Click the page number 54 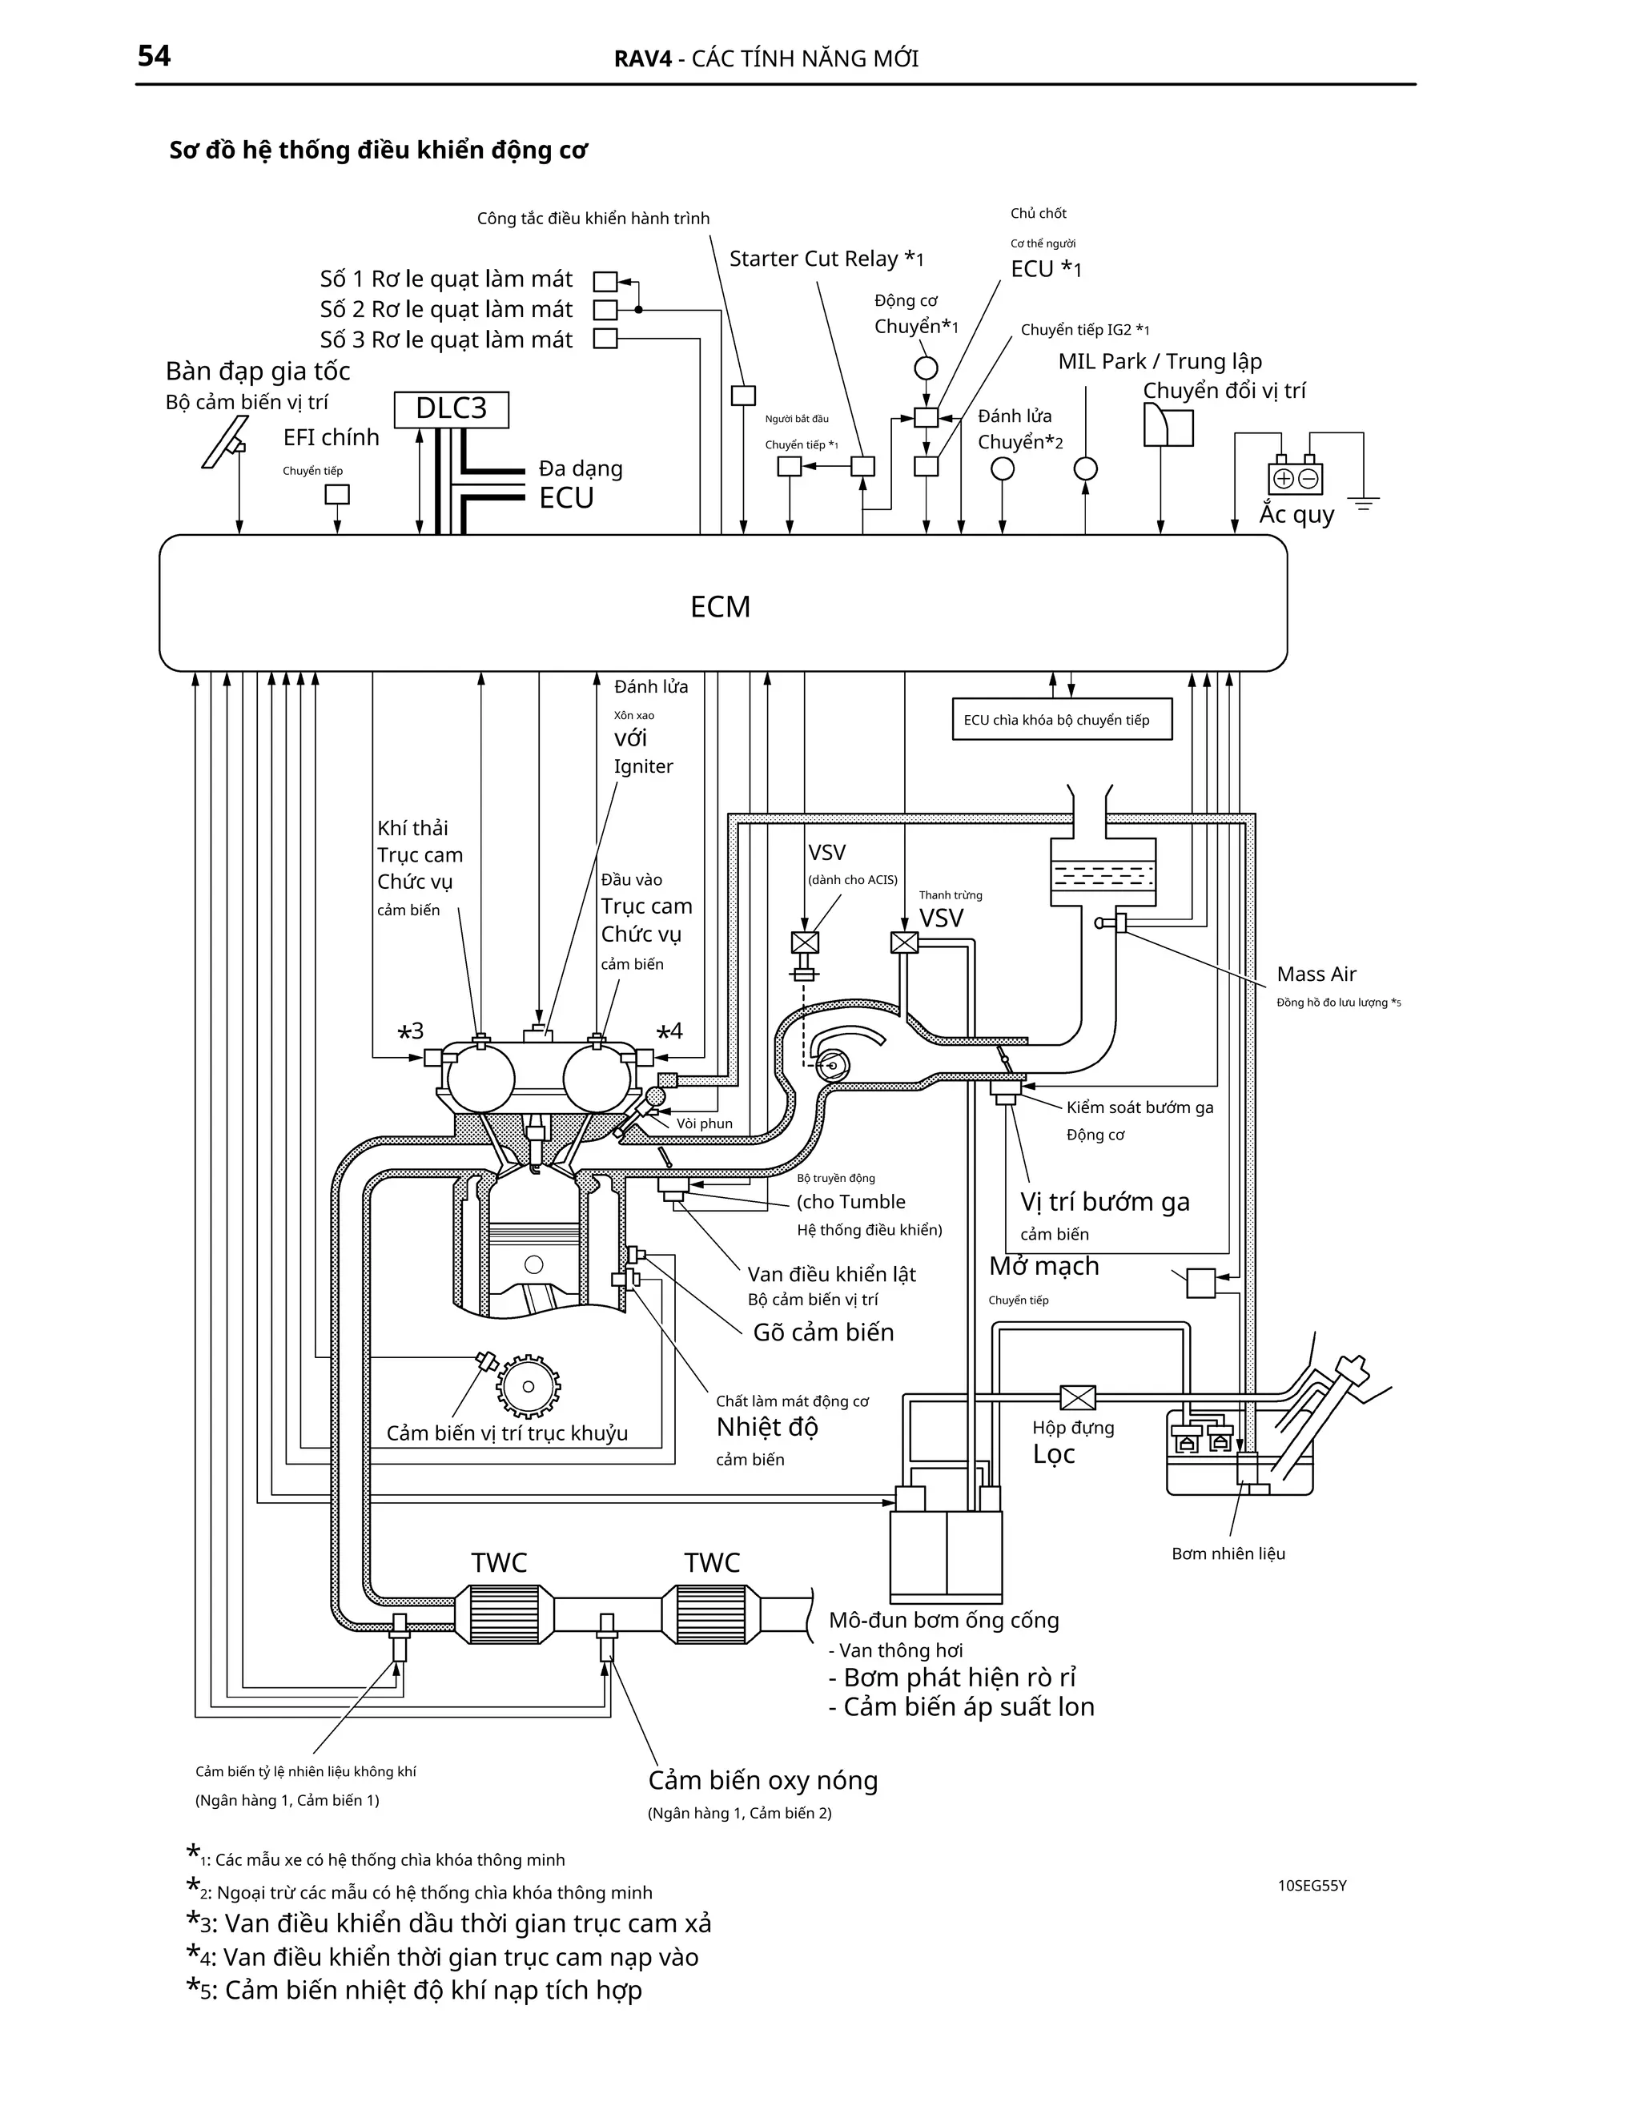click(154, 56)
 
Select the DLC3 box click(451, 409)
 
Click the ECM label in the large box click(720, 606)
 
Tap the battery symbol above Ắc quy click(1295, 477)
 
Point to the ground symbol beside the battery click(1365, 504)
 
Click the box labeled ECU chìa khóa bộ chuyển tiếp click(1061, 720)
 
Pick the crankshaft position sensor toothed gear click(529, 1386)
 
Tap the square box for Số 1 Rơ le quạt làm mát click(605, 282)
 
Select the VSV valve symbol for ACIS click(806, 942)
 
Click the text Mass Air click(1316, 974)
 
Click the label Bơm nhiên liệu click(1228, 1553)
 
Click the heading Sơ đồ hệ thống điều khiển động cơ click(378, 151)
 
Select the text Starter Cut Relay click(814, 259)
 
